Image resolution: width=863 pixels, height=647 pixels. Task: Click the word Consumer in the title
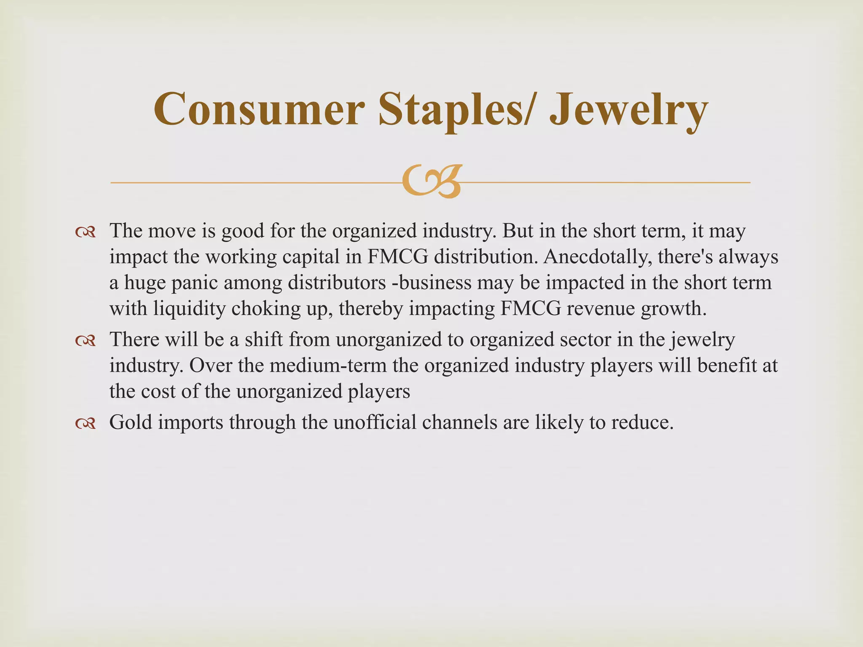pos(258,110)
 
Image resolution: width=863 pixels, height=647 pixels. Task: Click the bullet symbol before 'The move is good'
pos(86,232)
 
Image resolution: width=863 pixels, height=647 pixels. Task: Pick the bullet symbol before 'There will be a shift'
pos(86,341)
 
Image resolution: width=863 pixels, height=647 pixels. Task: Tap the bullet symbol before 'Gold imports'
pos(86,423)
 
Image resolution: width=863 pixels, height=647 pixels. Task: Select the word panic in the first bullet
pos(195,283)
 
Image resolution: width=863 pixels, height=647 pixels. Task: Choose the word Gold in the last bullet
pos(130,422)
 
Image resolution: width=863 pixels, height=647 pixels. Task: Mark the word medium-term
pos(328,365)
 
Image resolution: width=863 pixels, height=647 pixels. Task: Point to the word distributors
pos(337,283)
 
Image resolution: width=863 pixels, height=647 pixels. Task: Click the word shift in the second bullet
pos(264,340)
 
